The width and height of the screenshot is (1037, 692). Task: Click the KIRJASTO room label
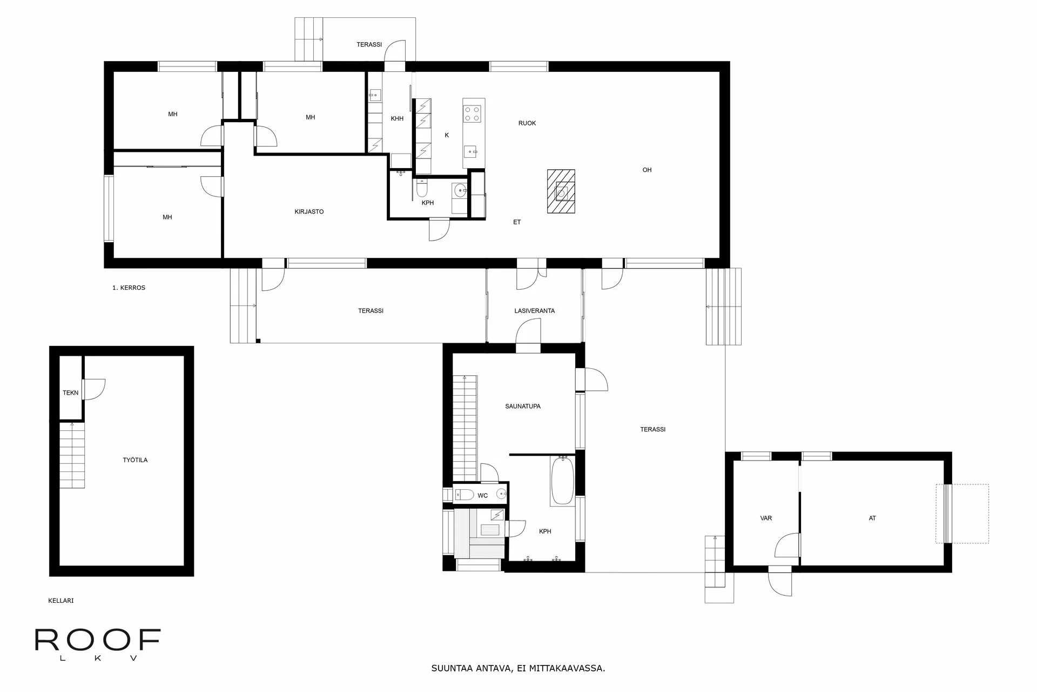tap(309, 212)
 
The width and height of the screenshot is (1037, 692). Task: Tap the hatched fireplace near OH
tap(561, 191)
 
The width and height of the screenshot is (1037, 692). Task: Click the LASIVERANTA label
tap(534, 311)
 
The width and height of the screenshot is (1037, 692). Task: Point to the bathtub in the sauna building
tap(562, 481)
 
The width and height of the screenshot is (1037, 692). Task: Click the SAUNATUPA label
tap(523, 407)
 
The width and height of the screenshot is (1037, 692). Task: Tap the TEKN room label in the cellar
tap(70, 393)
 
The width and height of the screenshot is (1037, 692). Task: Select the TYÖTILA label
tap(135, 460)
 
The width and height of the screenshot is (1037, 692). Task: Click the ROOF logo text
tap(98, 640)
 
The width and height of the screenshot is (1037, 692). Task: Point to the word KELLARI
tap(60, 601)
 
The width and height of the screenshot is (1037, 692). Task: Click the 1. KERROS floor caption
tap(129, 288)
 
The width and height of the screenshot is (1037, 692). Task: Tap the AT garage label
tap(872, 518)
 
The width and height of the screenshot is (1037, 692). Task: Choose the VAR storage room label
tap(765, 518)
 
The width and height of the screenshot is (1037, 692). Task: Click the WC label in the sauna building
tap(482, 496)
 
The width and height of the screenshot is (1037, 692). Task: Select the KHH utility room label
tap(397, 119)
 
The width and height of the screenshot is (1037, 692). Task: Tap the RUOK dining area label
tap(527, 123)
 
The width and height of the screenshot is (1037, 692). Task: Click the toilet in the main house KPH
tap(422, 188)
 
